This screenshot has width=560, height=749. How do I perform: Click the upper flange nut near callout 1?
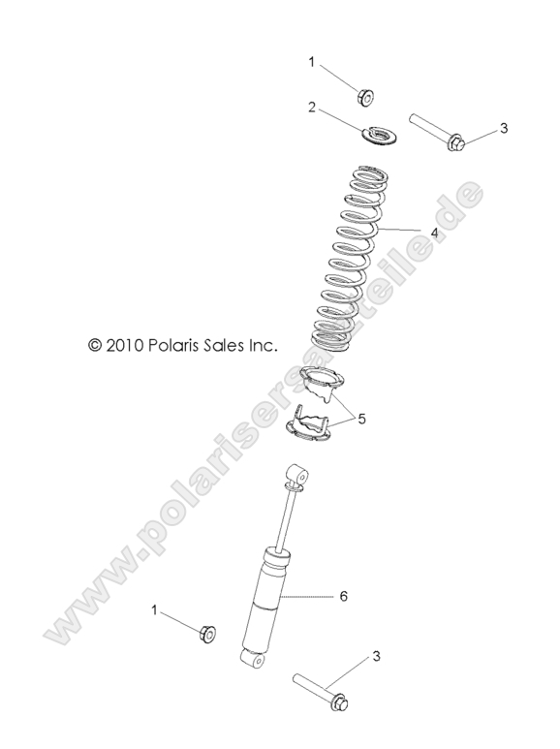366,96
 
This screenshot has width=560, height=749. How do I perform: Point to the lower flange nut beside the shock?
206,633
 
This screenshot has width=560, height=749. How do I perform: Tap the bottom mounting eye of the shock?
253,659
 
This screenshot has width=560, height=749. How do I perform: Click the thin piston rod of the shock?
284,517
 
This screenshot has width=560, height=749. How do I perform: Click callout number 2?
311,108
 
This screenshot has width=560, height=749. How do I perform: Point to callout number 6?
343,597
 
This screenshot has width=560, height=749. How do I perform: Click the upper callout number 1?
311,62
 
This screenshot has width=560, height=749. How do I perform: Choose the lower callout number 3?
375,657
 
